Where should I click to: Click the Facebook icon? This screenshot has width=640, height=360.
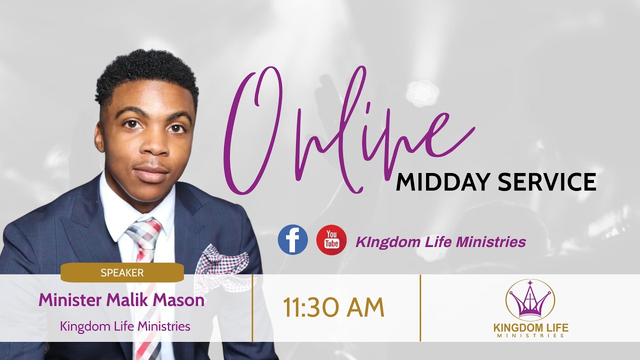[292, 239]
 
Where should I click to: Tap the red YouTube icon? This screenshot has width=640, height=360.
[331, 239]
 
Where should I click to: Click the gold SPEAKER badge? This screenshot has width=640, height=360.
[122, 273]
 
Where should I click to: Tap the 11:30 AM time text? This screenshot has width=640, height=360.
[333, 308]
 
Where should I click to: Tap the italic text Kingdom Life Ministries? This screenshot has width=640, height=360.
[440, 242]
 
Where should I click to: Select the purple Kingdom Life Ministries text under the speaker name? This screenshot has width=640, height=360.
[125, 326]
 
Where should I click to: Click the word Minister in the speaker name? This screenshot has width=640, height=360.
[70, 300]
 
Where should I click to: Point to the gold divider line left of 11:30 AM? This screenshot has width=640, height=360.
[252, 307]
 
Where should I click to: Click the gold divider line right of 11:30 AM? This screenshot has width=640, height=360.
[420, 307]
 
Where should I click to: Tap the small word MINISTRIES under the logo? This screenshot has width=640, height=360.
[530, 336]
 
